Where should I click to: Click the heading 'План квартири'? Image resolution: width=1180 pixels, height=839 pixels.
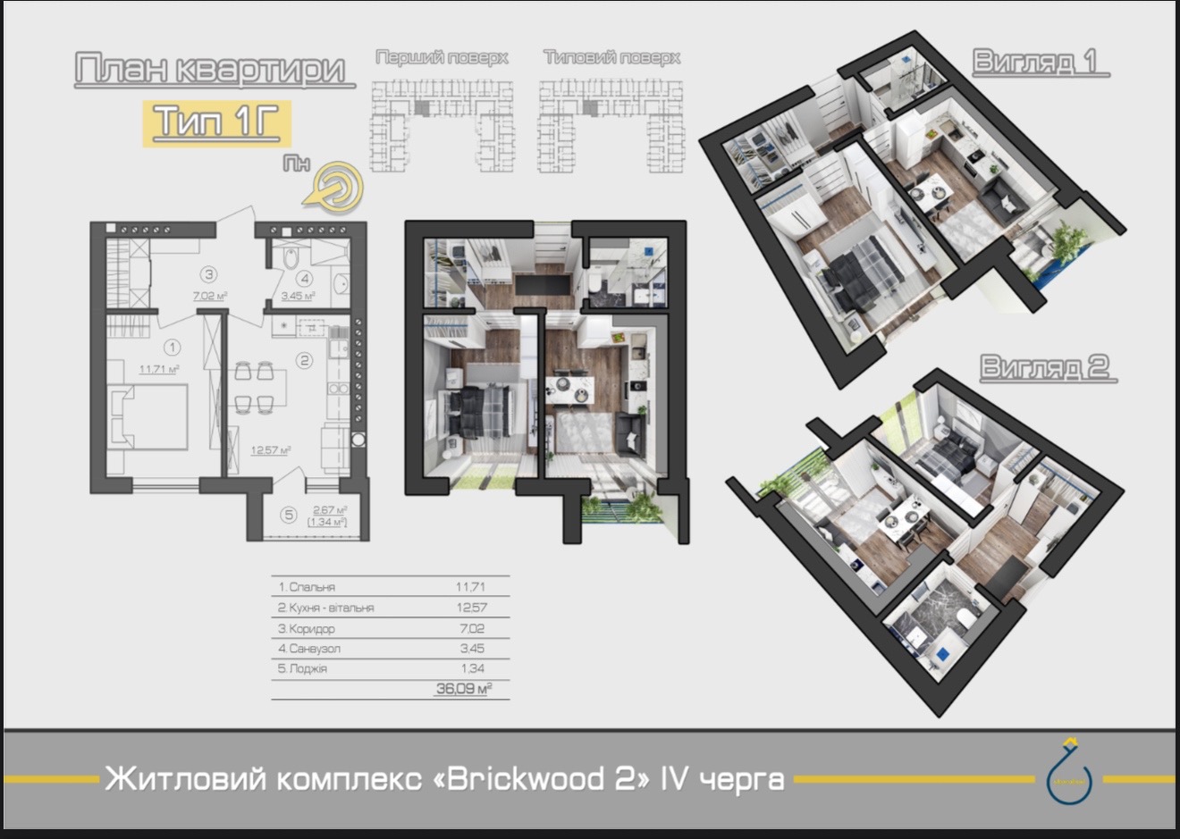[210, 71]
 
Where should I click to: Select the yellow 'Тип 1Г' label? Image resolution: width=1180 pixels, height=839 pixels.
[217, 122]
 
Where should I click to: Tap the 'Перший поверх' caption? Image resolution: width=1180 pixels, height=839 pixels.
[442, 58]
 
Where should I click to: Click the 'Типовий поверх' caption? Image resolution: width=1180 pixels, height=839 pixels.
[611, 58]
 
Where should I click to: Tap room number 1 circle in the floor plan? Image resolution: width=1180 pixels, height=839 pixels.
[173, 348]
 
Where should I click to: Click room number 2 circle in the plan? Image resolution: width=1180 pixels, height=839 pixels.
[305, 361]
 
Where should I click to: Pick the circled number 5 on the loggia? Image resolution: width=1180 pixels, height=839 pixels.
[287, 515]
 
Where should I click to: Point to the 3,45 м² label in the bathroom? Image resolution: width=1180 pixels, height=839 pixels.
[298, 296]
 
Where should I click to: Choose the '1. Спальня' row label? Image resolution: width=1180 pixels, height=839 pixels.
[307, 587]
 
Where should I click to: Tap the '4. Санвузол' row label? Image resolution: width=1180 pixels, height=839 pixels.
[309, 649]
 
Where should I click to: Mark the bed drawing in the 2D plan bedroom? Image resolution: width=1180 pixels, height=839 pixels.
[149, 415]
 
